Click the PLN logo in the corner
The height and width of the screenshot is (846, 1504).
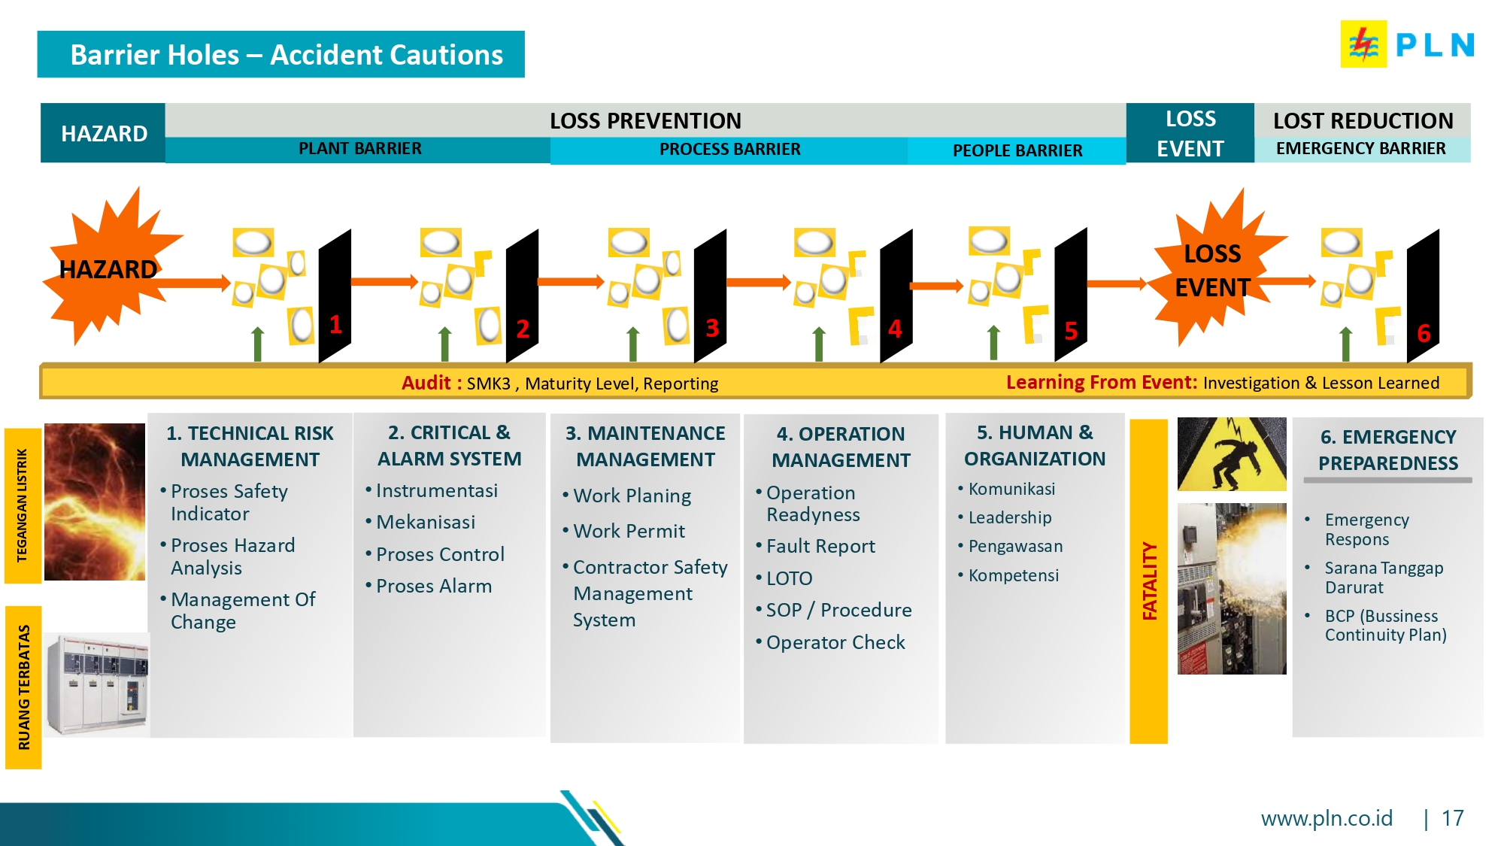point(1407,44)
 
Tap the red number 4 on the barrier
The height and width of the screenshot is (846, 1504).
point(895,329)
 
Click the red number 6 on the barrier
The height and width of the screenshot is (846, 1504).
point(1424,333)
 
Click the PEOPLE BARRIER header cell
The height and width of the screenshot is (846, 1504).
point(1017,150)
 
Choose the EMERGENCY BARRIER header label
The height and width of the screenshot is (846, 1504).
point(1360,149)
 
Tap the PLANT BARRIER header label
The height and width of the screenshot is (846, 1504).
point(359,149)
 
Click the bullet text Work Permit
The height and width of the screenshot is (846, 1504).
point(629,532)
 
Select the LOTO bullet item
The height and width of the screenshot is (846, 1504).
point(789,578)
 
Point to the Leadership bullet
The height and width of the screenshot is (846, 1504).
point(1009,517)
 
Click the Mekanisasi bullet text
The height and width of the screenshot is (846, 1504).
point(426,522)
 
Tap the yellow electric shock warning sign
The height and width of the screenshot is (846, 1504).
point(1232,455)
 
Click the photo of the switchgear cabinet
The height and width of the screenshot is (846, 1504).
point(96,684)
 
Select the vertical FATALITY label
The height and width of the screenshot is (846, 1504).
point(1149,581)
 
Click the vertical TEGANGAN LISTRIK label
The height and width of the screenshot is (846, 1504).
point(23,505)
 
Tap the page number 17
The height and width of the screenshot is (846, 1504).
point(1452,818)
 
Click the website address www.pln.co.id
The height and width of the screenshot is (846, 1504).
point(1327,818)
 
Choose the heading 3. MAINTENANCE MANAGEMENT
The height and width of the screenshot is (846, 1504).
point(645,446)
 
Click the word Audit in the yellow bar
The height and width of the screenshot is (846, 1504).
point(426,383)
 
